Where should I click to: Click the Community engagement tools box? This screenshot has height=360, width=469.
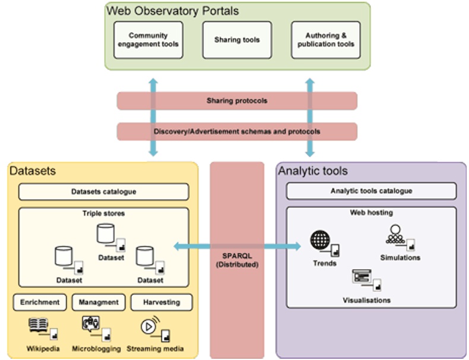(148, 40)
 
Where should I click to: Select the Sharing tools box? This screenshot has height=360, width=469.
(237, 40)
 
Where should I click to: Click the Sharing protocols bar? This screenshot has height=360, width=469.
(237, 101)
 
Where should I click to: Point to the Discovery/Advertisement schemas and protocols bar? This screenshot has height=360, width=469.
(237, 131)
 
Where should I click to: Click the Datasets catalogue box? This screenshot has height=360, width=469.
(103, 192)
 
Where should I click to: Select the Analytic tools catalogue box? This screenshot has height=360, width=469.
(371, 191)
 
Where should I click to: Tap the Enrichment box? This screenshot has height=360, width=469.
(40, 302)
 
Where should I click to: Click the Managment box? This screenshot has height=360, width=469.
(99, 302)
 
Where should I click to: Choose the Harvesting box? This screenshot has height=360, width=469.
(161, 302)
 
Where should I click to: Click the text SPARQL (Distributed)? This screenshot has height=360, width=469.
(237, 260)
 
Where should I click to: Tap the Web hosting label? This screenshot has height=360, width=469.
(371, 213)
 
